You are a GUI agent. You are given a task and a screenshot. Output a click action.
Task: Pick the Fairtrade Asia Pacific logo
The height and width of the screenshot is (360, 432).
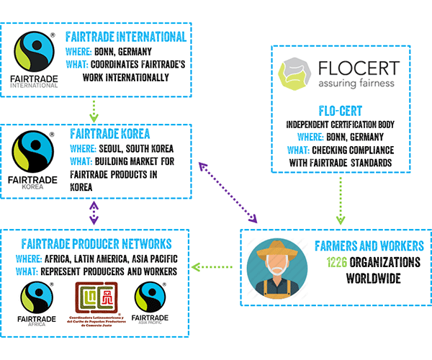[x=151, y=302]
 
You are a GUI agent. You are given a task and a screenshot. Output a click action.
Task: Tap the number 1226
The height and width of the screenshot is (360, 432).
[x=341, y=262]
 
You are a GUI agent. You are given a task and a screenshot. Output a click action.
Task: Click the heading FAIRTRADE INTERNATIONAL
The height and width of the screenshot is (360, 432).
[x=125, y=37]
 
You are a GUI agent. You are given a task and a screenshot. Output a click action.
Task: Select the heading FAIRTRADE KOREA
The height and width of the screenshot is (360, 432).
[x=109, y=134]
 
